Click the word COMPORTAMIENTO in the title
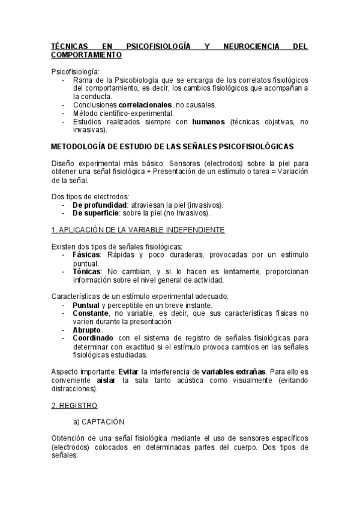(86, 54)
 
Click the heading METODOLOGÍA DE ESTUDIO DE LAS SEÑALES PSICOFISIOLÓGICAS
(172, 146)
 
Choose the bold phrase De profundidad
(99, 205)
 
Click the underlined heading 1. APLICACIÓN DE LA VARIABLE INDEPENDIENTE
(138, 230)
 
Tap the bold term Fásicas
(86, 254)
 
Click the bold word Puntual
(86, 305)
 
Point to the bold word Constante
(91, 313)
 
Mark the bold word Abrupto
(87, 330)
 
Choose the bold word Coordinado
(94, 338)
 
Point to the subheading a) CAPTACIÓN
(99, 422)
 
